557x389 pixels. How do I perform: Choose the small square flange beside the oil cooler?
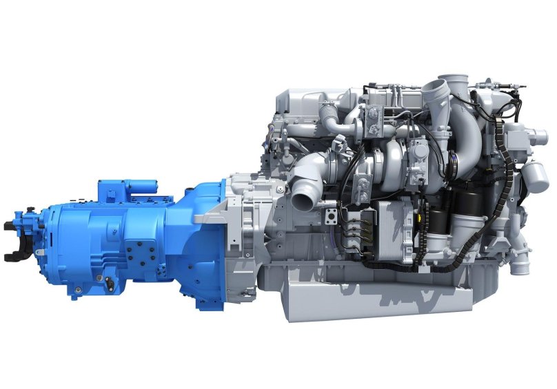pos(332,214)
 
